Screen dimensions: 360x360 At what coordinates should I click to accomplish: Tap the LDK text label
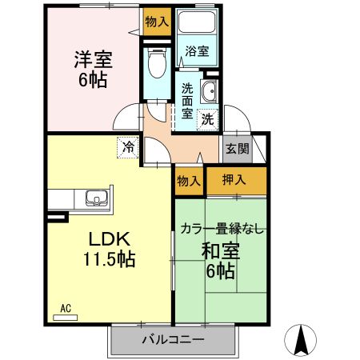point(110,238)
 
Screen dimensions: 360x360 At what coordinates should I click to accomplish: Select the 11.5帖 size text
point(110,259)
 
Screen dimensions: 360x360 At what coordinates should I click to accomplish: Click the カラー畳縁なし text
point(221,229)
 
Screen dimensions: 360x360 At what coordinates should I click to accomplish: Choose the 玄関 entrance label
point(236,148)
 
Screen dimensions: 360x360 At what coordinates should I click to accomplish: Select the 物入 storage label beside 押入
point(189,181)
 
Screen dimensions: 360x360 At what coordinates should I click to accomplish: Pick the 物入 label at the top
point(157,22)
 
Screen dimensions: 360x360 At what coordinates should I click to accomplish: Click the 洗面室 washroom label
point(187,101)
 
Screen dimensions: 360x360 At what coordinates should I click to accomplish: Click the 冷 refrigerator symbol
point(128,147)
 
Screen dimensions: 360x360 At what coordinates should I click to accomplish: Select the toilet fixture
point(157,66)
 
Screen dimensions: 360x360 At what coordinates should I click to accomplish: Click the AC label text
point(66,306)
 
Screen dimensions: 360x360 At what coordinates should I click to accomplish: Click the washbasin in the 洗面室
point(210,90)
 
